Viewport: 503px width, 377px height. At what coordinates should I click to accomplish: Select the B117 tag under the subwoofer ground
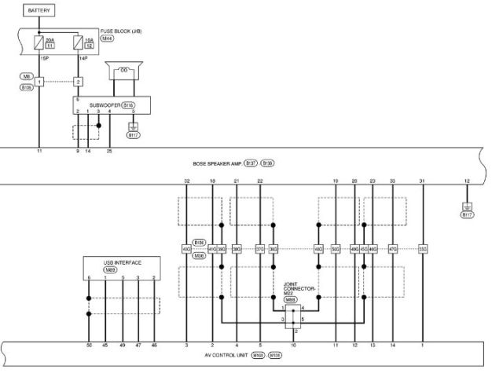coord(133,135)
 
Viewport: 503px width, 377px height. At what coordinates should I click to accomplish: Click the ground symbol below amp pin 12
coord(468,207)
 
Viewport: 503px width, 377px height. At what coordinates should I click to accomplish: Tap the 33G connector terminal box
coord(422,249)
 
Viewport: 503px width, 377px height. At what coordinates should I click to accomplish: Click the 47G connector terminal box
coord(392,249)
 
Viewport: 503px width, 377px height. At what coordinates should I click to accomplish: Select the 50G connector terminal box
coord(336,249)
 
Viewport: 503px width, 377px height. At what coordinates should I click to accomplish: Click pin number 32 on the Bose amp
coord(187,181)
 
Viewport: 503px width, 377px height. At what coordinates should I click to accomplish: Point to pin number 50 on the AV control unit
coord(89,345)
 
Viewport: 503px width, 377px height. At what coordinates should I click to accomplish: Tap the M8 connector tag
coord(26,76)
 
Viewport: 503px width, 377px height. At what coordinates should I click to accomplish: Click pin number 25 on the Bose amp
coord(109,149)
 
